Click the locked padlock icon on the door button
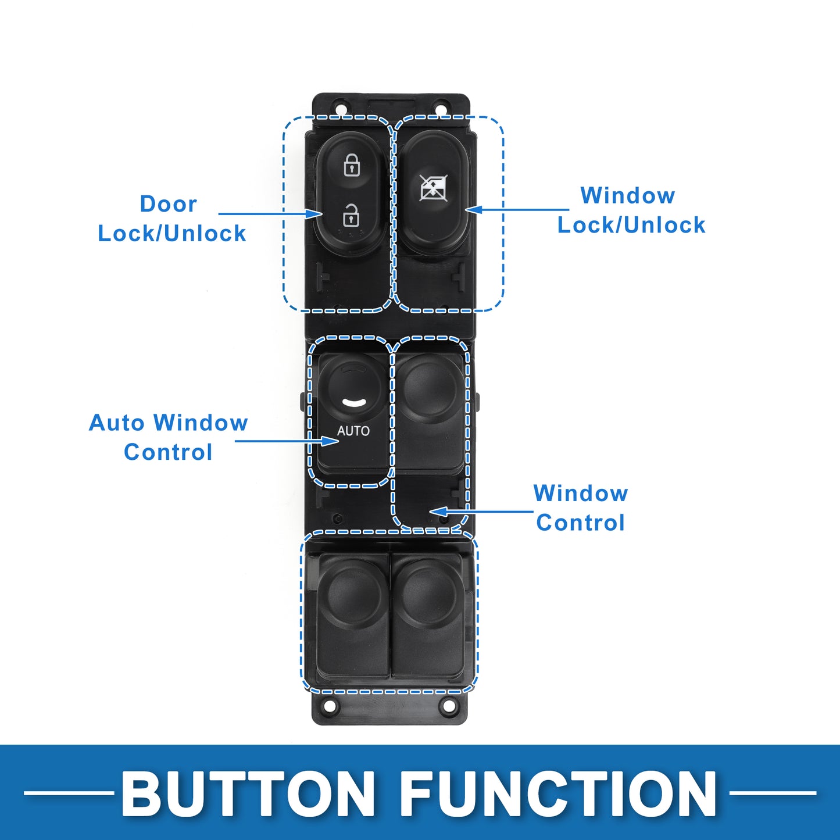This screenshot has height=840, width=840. pos(351,165)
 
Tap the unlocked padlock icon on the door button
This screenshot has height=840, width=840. pos(351,215)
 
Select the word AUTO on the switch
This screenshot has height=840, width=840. pos(353,431)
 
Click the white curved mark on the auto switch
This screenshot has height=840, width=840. pos(353,402)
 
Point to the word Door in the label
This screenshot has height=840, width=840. pos(168,204)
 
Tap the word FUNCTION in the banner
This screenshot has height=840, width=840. pos(558,794)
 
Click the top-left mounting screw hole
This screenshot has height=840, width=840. pos(341,108)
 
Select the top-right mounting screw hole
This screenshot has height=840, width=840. pos(441,109)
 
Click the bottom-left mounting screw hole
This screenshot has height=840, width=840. pos(330,707)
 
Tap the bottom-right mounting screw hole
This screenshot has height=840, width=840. pos(448,706)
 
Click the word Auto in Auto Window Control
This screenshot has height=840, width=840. pos(116,423)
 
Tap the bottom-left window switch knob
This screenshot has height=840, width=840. pos(353,595)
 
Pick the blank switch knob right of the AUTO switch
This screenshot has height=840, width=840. pos(431,386)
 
